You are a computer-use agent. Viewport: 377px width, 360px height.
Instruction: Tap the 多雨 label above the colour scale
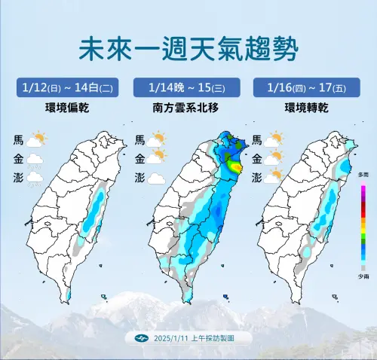point(363,175)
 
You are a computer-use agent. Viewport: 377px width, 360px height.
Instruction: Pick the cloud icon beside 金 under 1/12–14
point(34,159)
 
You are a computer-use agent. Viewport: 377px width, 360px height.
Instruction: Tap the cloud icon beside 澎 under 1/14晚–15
point(156,178)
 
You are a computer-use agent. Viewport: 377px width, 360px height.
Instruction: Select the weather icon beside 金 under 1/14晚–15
point(157,159)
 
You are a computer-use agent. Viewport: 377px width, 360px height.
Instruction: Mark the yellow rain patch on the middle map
point(235,166)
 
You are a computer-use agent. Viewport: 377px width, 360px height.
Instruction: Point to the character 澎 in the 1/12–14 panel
point(17,178)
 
